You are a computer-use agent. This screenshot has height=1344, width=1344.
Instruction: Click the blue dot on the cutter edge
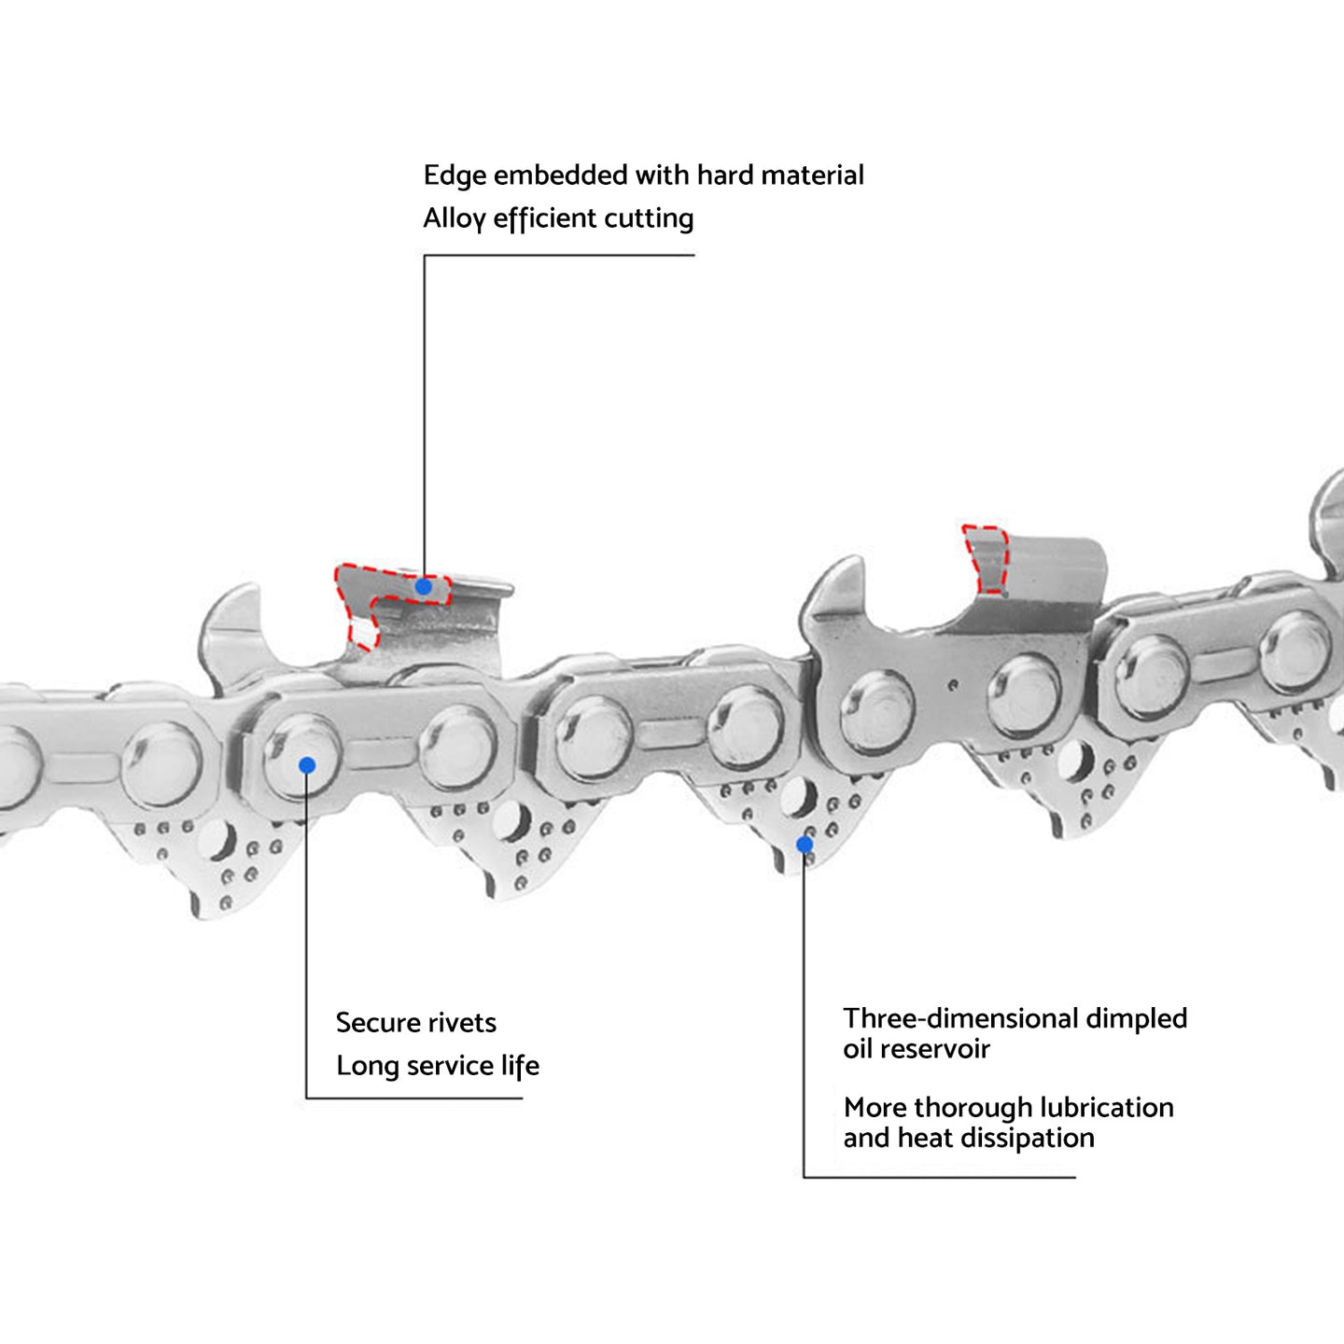pos(424,587)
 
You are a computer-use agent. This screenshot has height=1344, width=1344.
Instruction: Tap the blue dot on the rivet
pos(307,765)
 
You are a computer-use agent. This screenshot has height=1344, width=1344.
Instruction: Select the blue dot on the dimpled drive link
pos(804,845)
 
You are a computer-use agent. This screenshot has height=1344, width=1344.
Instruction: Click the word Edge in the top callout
pos(455,175)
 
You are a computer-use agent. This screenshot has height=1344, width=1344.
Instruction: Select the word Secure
pos(376,1023)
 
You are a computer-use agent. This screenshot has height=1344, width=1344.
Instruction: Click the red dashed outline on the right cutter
pos(987,559)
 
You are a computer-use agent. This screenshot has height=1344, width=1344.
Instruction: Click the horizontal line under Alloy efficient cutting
pos(560,255)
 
